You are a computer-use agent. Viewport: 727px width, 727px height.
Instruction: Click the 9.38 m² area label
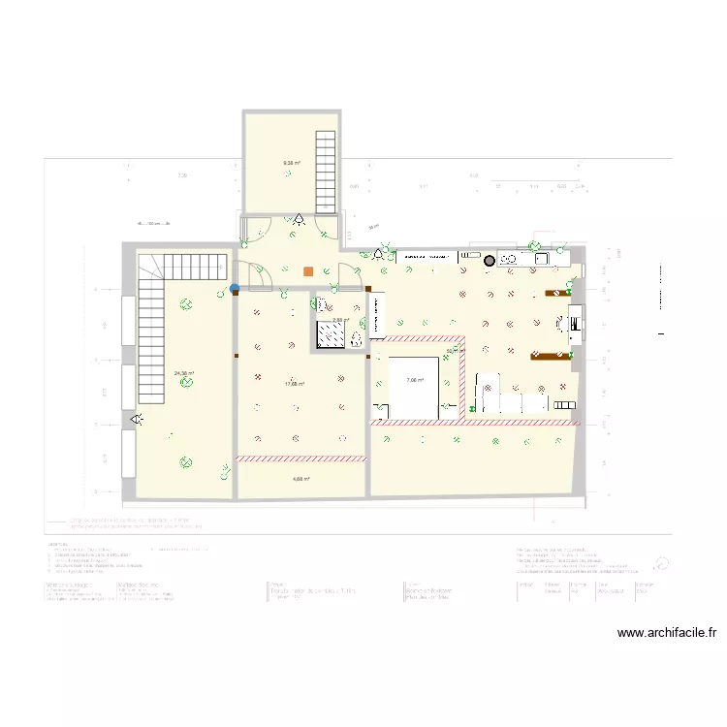[291, 163]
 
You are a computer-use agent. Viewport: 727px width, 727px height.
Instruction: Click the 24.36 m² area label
[183, 373]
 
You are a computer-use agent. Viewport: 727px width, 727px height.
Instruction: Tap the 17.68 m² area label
[295, 384]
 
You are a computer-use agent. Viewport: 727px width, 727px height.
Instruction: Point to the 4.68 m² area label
[300, 479]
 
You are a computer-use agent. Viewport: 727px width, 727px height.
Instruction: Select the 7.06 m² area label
[416, 380]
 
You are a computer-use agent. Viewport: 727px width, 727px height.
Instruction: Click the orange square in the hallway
[308, 271]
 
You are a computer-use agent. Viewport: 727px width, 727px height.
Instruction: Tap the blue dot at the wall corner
[235, 287]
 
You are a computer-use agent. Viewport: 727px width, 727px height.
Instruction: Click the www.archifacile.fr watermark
[668, 634]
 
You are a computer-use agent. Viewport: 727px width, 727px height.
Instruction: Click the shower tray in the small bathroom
[332, 333]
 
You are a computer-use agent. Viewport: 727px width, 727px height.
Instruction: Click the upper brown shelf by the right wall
[557, 292]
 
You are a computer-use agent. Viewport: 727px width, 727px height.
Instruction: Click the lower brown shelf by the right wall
[549, 356]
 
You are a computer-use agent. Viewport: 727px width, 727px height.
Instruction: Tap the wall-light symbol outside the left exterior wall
[137, 419]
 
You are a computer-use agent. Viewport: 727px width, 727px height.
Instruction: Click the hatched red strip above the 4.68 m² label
[300, 458]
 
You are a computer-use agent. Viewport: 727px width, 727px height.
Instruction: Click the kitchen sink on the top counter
[539, 259]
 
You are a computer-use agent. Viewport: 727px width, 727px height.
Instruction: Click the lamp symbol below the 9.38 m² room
[300, 220]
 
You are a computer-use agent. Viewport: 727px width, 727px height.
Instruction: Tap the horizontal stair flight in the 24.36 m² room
[194, 265]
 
